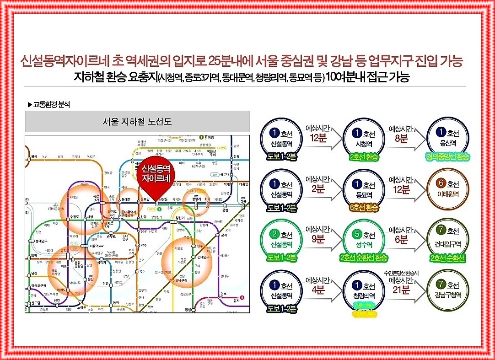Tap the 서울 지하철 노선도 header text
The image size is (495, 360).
click(137, 122)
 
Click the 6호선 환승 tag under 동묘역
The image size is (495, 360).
click(364, 208)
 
